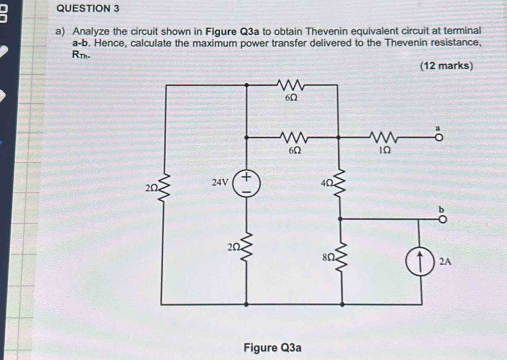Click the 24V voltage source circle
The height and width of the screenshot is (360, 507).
246,183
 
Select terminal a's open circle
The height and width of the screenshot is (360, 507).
438,136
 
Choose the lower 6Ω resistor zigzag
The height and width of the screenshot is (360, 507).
292,137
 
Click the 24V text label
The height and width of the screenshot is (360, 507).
220,182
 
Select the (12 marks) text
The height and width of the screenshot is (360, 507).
446,66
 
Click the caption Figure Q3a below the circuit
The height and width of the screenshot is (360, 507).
273,347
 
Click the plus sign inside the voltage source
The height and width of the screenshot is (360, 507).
246,176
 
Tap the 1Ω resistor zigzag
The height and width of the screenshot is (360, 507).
384,137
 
